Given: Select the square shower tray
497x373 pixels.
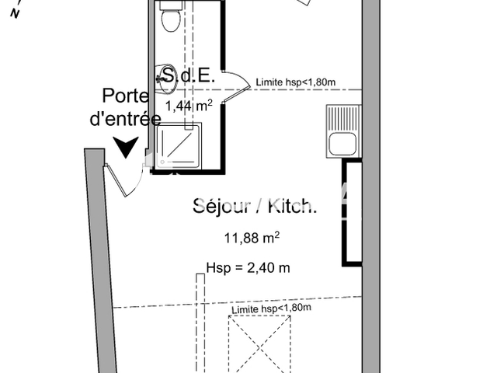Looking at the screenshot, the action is [179, 147].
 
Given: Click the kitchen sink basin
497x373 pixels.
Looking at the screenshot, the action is [342, 144].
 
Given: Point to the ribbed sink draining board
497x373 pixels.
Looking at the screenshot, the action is [343, 118].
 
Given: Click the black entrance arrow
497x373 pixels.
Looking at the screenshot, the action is [126, 148].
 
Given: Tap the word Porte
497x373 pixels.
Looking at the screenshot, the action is [126, 96].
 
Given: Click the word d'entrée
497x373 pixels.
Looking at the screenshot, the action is [126, 119].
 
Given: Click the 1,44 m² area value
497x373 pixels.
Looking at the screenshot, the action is [189, 106].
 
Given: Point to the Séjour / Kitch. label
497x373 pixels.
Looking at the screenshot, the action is [255, 206].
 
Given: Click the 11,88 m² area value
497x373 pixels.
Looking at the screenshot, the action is [252, 238].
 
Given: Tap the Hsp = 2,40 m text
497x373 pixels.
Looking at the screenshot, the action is [248, 267].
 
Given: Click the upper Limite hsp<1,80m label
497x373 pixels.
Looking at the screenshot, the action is [296, 82].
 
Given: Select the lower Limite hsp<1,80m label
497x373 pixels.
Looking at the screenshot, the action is [271, 309].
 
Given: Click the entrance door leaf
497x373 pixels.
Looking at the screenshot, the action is [116, 180].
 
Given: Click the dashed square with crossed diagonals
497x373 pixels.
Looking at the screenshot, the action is [259, 344].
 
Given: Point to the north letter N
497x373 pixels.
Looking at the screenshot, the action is [15, 13].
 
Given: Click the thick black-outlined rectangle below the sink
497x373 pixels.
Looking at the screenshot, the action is [352, 213].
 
